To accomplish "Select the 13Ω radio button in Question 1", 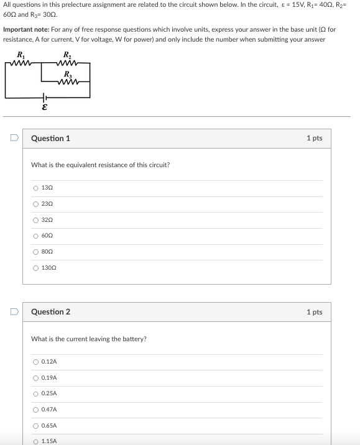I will pos(36,188).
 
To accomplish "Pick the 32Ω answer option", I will pos(36,219).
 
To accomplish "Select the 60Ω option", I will pos(36,236).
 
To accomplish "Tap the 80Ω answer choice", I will pos(36,252).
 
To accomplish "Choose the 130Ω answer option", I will pos(36,268).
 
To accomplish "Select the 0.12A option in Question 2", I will pos(36,362).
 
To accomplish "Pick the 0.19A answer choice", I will pos(36,378).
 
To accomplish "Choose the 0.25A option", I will pos(36,393).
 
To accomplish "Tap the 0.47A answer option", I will pos(36,410).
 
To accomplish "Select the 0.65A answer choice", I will pos(36,426).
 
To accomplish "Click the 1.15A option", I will pos(36,441).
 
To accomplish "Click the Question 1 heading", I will pos(50,139).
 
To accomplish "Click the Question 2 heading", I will pos(50,312).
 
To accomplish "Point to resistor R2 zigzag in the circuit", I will pos(65,63).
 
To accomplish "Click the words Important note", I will pos(23,30).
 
